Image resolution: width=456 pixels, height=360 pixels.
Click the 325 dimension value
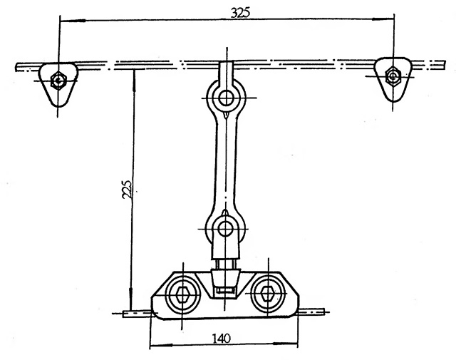[x=240, y=13]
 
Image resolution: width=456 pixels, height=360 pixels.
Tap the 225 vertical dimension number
[x=127, y=189]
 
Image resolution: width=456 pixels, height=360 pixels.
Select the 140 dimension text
[x=222, y=339]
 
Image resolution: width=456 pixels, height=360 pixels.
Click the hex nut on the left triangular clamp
[x=58, y=81]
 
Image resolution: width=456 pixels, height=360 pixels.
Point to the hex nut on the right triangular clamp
[x=393, y=76]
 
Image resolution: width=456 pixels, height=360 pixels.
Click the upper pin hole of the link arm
[x=225, y=98]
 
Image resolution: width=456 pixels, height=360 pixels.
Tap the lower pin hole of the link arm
[x=225, y=229]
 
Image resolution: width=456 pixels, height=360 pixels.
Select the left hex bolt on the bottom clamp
[x=182, y=294]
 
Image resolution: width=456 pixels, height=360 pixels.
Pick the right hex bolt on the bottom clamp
[x=268, y=294]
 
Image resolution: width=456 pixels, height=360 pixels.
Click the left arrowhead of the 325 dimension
[x=73, y=21]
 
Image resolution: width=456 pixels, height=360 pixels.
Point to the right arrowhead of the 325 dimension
[x=383, y=19]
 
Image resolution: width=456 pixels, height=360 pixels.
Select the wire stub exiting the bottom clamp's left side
[x=137, y=314]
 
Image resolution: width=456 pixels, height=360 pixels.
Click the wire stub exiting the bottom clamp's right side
[x=312, y=312]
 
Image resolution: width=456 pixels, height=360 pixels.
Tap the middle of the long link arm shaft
[x=226, y=163]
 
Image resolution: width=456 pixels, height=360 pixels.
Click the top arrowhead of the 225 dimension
[x=133, y=81]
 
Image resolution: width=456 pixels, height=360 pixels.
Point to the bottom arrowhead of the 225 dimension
[x=131, y=299]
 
